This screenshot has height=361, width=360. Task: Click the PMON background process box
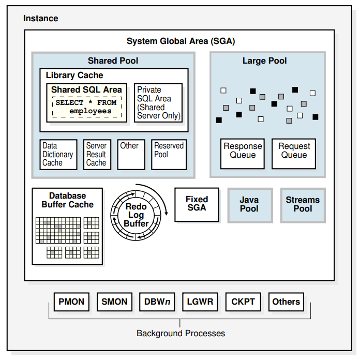[71, 302]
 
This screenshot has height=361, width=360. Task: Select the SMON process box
[114, 302]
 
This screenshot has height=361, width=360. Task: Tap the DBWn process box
[157, 302]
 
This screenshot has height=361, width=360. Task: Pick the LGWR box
[200, 302]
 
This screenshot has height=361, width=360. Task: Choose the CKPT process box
[243, 302]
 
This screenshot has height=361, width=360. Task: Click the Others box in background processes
[286, 302]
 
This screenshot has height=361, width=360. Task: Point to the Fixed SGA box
[197, 204]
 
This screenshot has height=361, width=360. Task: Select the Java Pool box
[249, 204]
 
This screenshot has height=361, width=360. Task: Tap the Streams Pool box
[303, 204]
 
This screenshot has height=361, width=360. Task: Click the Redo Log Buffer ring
[137, 215]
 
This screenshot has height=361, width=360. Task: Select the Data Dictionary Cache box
[58, 155]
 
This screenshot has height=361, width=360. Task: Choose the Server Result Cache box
[96, 155]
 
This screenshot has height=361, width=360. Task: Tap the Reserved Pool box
[169, 155]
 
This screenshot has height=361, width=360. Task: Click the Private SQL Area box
[158, 103]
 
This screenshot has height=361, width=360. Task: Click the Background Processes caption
[181, 333]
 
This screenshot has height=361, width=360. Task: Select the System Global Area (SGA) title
[181, 41]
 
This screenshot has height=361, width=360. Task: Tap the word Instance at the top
[41, 19]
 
